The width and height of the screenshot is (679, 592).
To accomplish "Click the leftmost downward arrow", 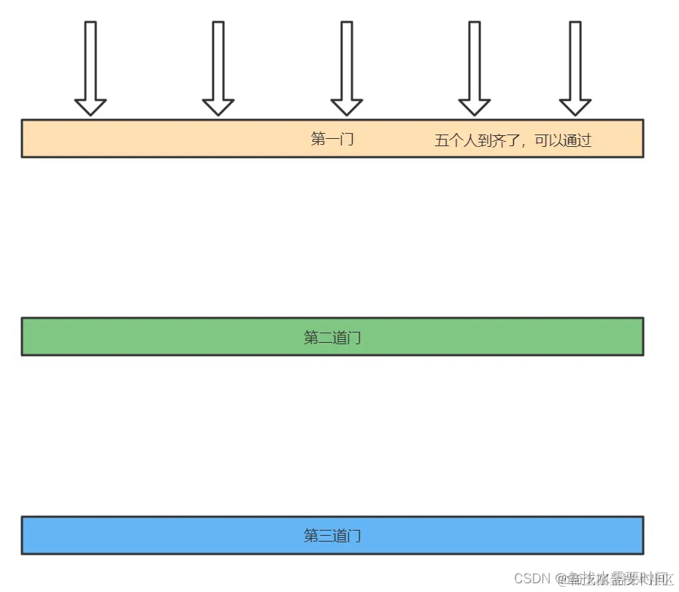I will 91,66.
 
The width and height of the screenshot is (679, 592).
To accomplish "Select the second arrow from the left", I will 218,66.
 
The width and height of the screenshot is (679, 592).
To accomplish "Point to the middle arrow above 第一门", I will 346,66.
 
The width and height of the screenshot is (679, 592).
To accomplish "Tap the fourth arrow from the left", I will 474,66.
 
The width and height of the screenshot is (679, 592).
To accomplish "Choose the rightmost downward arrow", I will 575,66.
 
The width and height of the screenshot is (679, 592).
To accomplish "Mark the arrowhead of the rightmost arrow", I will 575,107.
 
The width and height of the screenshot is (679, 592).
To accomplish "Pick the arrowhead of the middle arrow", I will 346,107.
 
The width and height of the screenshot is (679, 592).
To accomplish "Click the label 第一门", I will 332,139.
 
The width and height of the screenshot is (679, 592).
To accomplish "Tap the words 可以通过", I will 563,140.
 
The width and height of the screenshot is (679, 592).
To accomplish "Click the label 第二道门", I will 332,338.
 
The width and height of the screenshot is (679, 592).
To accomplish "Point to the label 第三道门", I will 332,536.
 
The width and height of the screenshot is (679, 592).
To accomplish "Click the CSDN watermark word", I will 532,578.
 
